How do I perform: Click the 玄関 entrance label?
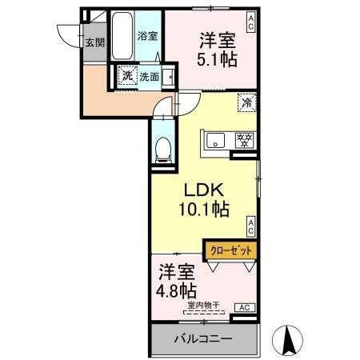pos(95,43)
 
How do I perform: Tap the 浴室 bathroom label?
pos(146,37)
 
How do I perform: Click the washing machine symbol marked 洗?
pos(126,77)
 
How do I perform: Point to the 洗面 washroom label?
pos(149,78)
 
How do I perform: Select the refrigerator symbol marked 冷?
pos(248,102)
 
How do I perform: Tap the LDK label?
pos(203,191)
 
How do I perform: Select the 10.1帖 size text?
pos(204,210)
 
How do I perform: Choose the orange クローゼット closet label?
pos(231,250)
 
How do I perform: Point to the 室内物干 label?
pos(204,304)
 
